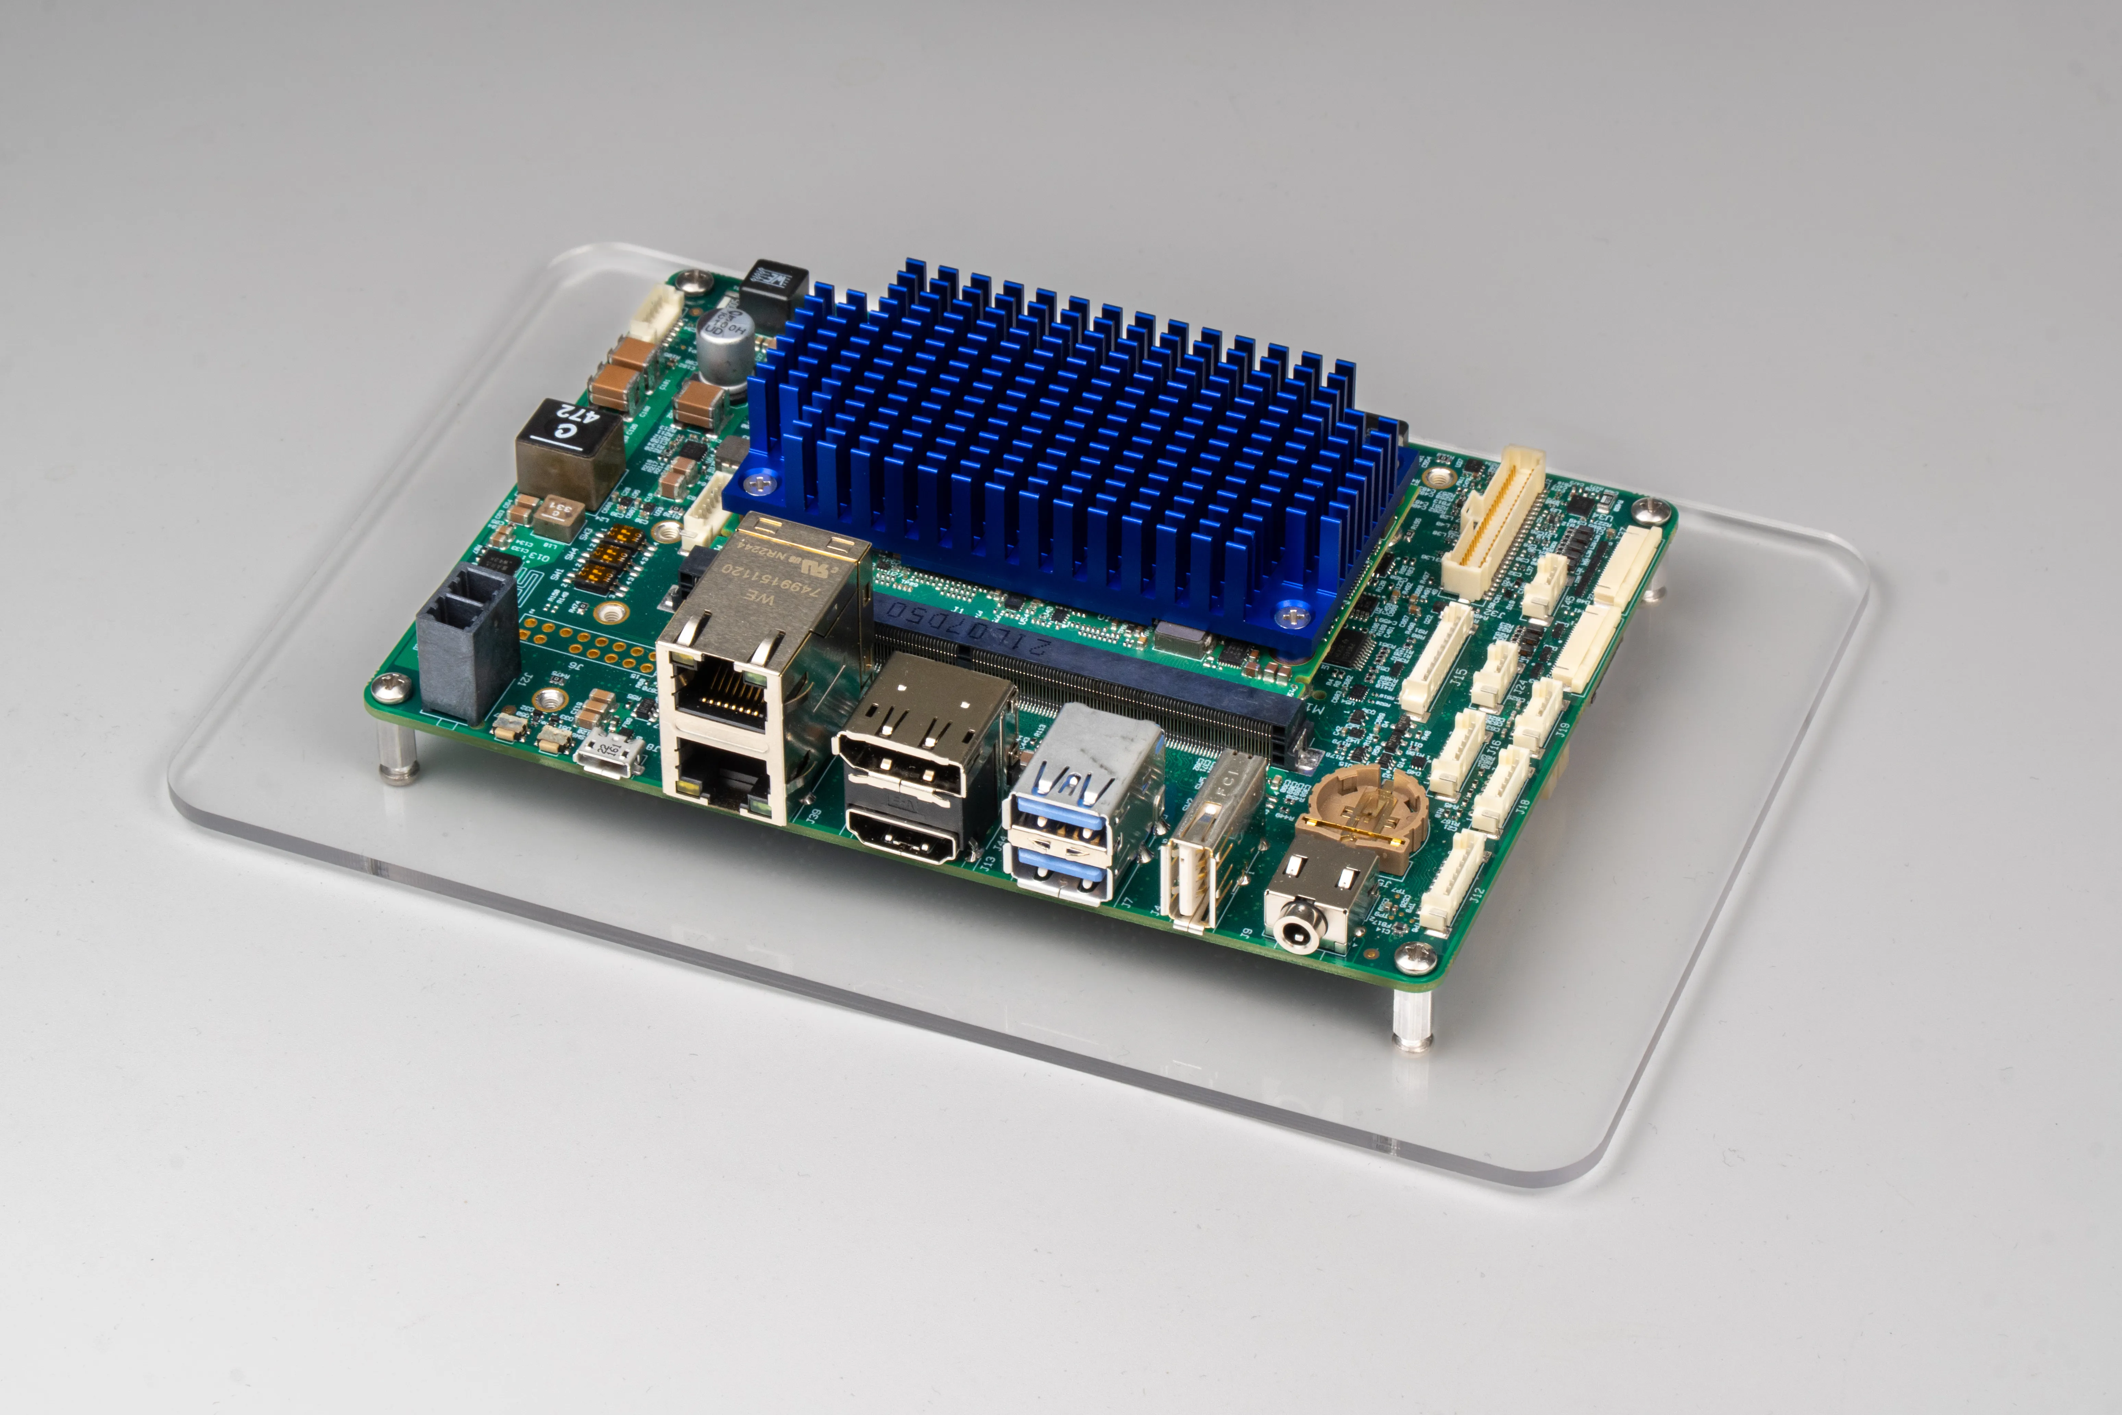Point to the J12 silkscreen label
tap(1476, 896)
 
